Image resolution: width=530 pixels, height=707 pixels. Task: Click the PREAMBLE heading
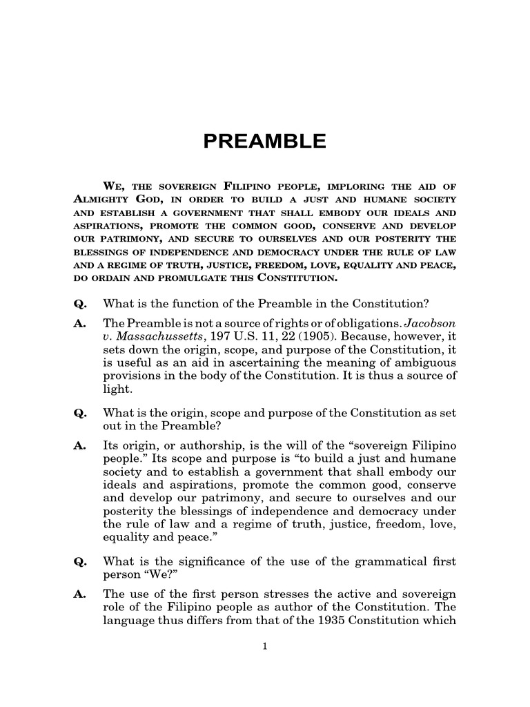264,142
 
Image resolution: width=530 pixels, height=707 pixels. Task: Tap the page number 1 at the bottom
264,646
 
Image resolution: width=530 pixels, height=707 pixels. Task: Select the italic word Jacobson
430,323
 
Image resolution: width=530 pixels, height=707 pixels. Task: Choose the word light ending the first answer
116,389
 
